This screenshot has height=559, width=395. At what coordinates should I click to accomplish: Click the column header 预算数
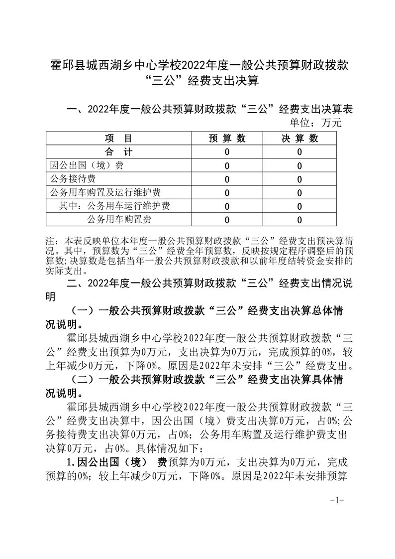[x=227, y=139]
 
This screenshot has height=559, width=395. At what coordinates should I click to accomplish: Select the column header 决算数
[x=299, y=139]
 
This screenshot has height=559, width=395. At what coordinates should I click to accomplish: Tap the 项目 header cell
[x=118, y=139]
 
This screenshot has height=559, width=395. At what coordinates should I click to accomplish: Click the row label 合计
[x=118, y=152]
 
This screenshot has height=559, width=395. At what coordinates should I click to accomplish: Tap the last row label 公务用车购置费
[x=119, y=219]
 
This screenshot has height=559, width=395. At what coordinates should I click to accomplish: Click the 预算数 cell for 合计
[x=227, y=152]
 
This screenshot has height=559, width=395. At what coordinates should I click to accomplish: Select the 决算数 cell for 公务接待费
[x=299, y=179]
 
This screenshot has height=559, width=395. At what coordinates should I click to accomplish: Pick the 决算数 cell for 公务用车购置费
[x=299, y=219]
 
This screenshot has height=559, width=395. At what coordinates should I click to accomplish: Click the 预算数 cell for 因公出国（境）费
[x=227, y=165]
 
